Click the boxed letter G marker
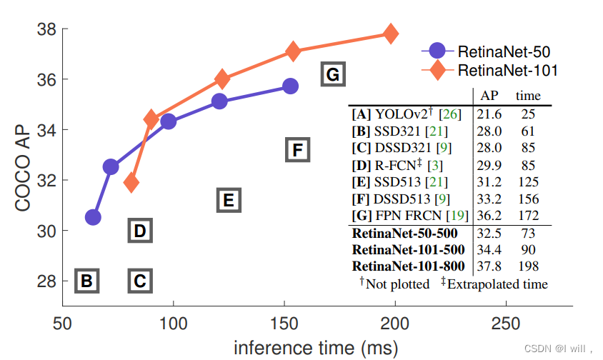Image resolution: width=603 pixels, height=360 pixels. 332,74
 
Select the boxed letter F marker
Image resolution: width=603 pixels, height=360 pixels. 298,149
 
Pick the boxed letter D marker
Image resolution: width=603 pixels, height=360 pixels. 140,230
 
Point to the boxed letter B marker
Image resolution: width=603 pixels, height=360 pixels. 86,281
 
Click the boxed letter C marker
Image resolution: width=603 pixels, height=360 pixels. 140,281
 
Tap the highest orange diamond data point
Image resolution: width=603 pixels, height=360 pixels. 391,34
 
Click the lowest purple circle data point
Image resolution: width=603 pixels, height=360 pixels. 93,217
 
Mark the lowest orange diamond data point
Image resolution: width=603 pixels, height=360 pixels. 131,183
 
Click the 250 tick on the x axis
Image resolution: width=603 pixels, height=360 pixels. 506,323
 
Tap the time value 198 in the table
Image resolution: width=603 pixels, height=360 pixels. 529,266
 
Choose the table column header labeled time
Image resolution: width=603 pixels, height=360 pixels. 529,96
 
